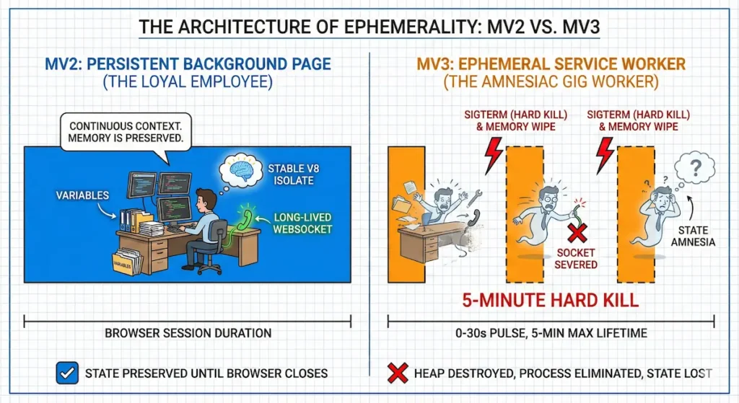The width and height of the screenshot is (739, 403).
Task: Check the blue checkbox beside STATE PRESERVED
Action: pyautogui.click(x=66, y=373)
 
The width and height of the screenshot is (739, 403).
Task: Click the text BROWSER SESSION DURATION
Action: pyautogui.click(x=188, y=333)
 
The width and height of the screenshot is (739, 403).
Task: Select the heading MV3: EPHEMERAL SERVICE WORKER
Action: pyautogui.click(x=551, y=64)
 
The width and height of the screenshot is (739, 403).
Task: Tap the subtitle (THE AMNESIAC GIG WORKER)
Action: pyautogui.click(x=551, y=83)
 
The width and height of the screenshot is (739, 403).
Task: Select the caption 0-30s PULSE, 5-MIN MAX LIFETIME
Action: pyautogui.click(x=551, y=333)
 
